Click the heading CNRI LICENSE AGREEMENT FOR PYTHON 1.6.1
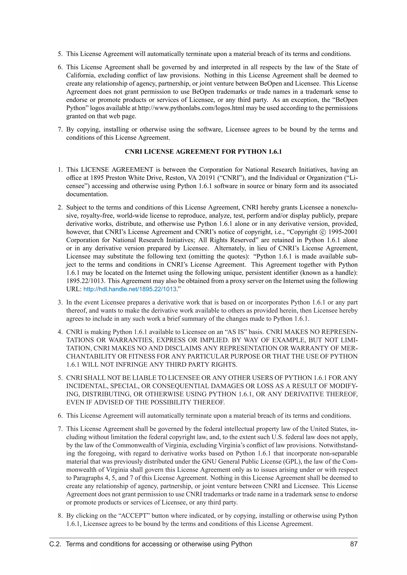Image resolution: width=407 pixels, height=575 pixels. (203, 151)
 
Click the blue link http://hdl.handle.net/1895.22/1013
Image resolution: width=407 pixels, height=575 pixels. (130, 289)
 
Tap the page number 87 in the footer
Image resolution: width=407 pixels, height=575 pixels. (354, 544)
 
